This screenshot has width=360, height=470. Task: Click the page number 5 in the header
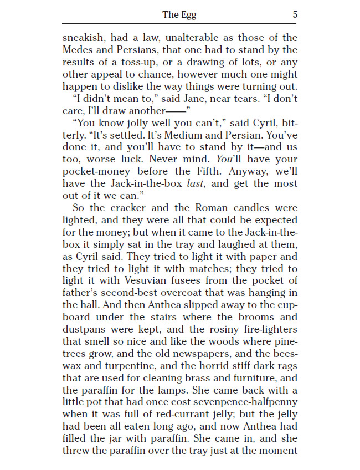click(295, 14)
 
